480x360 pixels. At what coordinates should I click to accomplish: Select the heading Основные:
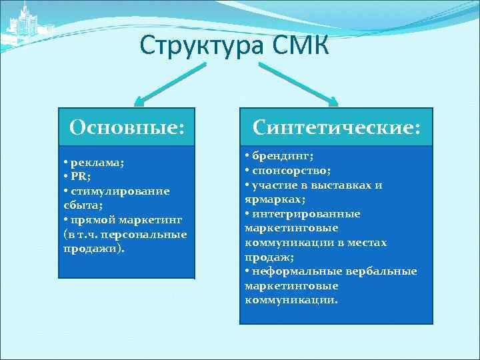pyautogui.click(x=127, y=126)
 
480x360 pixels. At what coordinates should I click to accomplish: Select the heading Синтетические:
pyautogui.click(x=336, y=126)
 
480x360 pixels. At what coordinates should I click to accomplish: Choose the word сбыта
pyautogui.click(x=81, y=205)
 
